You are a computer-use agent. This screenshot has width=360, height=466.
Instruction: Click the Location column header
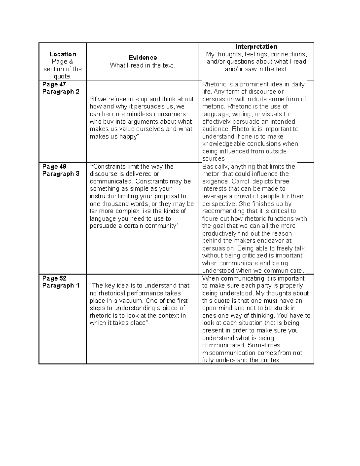63,54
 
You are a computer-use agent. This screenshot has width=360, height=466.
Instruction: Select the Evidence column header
142,57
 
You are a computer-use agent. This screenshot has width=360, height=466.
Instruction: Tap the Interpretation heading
256,47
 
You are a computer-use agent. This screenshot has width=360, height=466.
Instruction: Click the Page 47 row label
54,84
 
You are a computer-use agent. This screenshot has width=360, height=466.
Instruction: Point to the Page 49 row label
54,167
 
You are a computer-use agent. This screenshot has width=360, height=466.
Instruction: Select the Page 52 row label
54,278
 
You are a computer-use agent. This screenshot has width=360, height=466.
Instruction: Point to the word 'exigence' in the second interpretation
215,181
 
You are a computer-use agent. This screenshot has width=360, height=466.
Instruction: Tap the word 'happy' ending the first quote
128,137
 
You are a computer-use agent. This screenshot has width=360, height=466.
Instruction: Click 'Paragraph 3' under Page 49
61,174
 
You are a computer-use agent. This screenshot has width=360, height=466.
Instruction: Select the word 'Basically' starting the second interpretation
215,167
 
